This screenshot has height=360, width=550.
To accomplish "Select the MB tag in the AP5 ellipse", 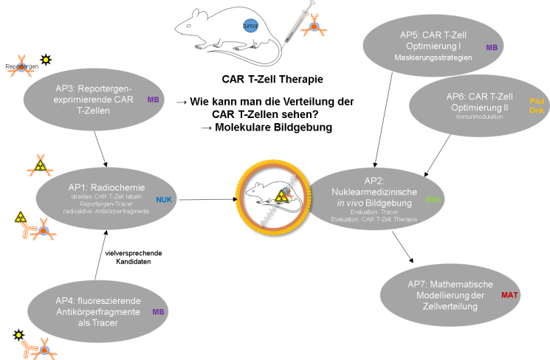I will (x=492, y=47).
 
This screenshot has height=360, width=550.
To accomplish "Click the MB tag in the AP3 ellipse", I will (x=154, y=100).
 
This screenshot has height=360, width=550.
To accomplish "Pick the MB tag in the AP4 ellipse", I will (x=158, y=312).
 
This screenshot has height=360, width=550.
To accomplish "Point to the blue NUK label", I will (x=162, y=199).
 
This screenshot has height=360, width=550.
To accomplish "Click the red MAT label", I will (x=509, y=295).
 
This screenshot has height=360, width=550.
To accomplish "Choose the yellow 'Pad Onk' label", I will (x=537, y=105).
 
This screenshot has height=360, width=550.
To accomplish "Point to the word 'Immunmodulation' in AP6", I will (x=474, y=117).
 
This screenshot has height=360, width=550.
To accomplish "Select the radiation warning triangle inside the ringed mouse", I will (x=281, y=195).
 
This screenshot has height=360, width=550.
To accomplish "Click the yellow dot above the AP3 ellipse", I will (x=46, y=60).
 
